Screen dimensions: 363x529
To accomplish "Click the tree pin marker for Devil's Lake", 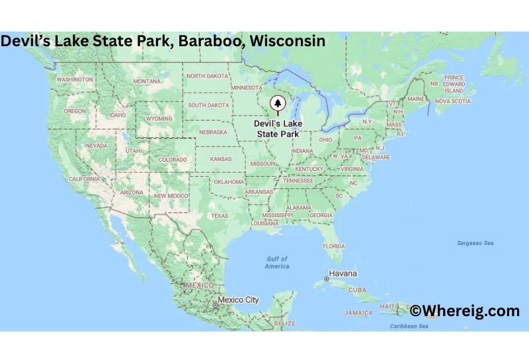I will (x=277, y=104).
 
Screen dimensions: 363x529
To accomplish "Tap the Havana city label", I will (x=343, y=274).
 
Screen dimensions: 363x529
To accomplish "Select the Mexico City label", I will (x=239, y=300).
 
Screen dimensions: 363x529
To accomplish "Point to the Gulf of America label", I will (x=277, y=262).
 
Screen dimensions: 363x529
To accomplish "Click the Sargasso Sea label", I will (x=475, y=243).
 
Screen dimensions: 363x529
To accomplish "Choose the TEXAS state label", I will (x=219, y=216).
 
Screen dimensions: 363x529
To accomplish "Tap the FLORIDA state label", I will (x=334, y=246).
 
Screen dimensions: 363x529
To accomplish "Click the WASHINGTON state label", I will (x=75, y=79).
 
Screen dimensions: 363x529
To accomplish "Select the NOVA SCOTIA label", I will (x=452, y=101).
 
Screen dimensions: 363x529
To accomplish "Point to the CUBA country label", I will (x=357, y=290).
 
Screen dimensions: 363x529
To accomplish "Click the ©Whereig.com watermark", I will (x=464, y=310).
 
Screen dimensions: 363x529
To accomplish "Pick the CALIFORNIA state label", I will (x=84, y=179).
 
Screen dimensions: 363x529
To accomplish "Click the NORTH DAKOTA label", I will (x=208, y=76).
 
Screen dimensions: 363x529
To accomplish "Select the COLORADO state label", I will (x=172, y=159).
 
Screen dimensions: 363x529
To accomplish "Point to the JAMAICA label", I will (x=358, y=313).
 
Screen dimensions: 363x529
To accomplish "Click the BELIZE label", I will (x=284, y=323).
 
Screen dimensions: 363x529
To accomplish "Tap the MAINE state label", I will (x=416, y=99).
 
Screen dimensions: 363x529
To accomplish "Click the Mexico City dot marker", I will (x=215, y=305).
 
